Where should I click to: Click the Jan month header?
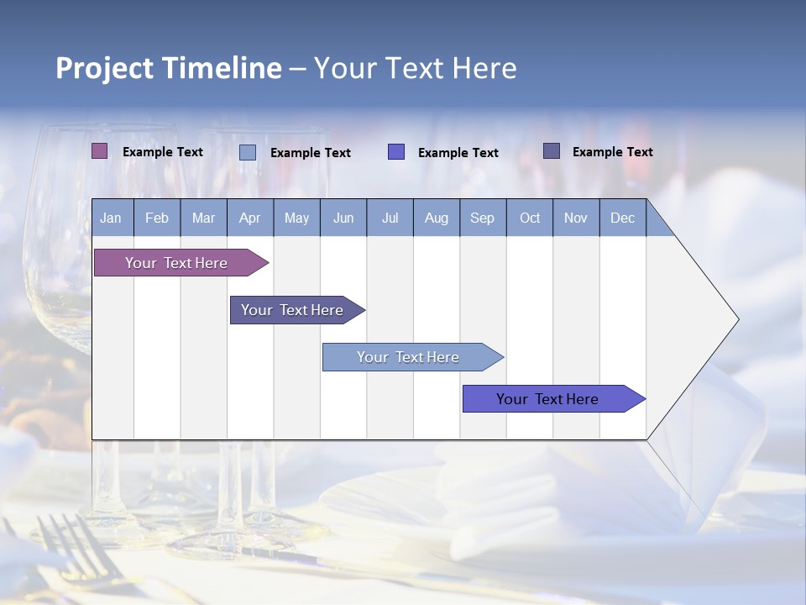coord(111,218)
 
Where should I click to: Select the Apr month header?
coord(249,218)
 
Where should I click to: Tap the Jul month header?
coord(390,218)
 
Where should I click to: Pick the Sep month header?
coord(482,218)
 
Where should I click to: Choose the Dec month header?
coord(622,218)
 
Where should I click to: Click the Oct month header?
coord(530,218)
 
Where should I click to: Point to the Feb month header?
coord(157,218)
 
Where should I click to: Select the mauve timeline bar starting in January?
coord(176,263)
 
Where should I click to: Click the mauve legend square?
coord(100,151)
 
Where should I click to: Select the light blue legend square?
coord(248,152)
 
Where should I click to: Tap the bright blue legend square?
coord(396,152)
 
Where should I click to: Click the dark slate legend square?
coord(552,151)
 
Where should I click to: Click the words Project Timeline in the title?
coord(168,68)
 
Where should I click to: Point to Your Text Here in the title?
coord(415,68)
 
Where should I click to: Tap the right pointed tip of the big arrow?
coord(736,319)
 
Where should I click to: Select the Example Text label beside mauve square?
coord(163,152)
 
